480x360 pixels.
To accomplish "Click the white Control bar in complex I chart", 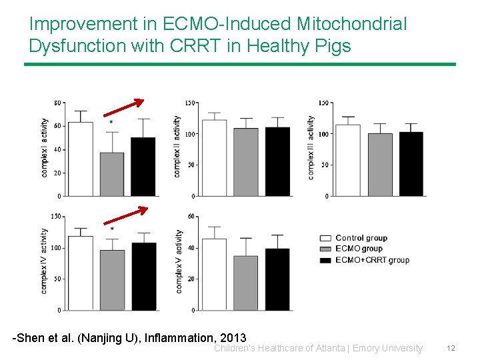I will click(81, 159).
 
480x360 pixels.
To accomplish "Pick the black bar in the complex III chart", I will click(411, 164).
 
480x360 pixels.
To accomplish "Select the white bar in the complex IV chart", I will click(81, 273).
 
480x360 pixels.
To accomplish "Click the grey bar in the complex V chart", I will click(246, 283).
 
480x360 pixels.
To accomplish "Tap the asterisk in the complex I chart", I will click(111, 123).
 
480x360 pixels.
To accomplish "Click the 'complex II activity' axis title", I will click(177, 147).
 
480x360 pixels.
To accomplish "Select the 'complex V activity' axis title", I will click(179, 261).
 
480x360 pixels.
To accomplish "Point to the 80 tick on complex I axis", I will click(57, 103).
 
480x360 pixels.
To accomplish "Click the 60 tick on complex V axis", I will click(192, 217).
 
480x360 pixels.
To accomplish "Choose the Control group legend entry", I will click(360, 238).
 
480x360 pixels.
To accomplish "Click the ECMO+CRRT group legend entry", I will click(371, 260).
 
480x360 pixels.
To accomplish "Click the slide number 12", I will click(451, 348).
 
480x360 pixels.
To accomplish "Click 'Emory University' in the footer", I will click(387, 348).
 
